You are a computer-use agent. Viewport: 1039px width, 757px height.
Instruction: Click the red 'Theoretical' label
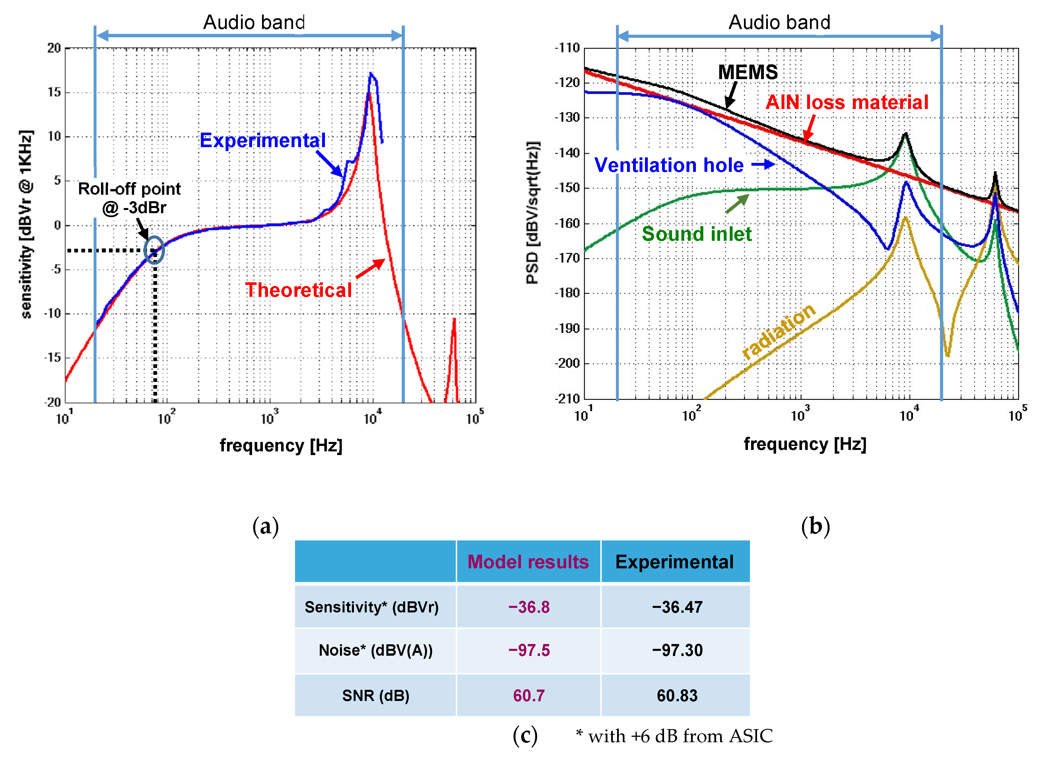[x=298, y=290]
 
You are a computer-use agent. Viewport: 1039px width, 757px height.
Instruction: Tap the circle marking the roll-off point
[x=154, y=250]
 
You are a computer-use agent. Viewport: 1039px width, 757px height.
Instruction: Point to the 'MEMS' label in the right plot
[x=748, y=72]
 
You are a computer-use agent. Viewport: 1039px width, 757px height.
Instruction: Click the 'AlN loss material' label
[x=847, y=102]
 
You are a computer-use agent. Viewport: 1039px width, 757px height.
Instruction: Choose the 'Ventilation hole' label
[x=669, y=165]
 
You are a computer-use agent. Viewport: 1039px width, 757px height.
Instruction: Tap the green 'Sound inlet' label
[x=696, y=234]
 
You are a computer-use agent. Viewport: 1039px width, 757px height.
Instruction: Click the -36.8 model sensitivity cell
[x=529, y=607]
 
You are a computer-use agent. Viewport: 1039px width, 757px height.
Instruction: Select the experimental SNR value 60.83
[x=677, y=696]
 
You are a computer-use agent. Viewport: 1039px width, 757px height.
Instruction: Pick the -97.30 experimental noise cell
[x=677, y=650]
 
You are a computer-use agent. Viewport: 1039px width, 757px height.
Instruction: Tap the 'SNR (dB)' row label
[x=376, y=696]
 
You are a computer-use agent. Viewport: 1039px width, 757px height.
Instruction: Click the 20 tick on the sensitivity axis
[x=54, y=48]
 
